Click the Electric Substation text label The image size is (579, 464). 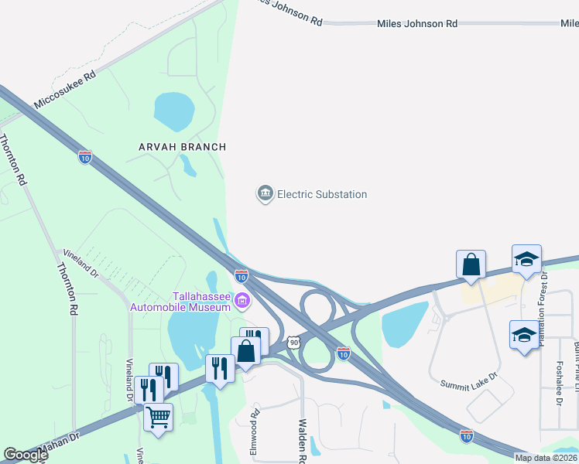click(x=322, y=194)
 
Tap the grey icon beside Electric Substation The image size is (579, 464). click(x=266, y=193)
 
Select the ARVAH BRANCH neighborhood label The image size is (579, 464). click(x=182, y=147)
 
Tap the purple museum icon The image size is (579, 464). click(x=242, y=301)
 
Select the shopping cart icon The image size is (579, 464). click(x=159, y=418)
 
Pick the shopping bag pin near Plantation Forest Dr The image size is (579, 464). click(x=471, y=265)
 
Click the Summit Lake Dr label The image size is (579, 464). click(x=468, y=384)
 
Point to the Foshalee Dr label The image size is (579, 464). click(x=559, y=383)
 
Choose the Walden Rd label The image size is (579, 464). click(x=303, y=441)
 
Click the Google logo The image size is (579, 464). click(x=25, y=455)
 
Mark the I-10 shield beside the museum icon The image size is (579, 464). click(x=242, y=275)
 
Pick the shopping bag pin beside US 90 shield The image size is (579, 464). click(x=245, y=351)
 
